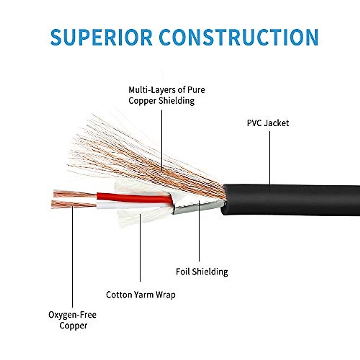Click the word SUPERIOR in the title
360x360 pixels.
pyautogui.click(x=101, y=37)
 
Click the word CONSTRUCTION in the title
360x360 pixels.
pyautogui.click(x=238, y=37)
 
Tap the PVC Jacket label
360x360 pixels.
pyautogui.click(x=268, y=123)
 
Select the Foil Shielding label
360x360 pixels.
pyautogui.click(x=202, y=272)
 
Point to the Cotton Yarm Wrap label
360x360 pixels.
pyautogui.click(x=140, y=295)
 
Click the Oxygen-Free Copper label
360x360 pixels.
pyautogui.click(x=72, y=320)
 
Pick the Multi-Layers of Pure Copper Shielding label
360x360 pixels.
pyautogui.click(x=166, y=95)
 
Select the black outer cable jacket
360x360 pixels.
pyautogui.click(x=294, y=199)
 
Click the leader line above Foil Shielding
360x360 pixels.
pyautogui.click(x=199, y=234)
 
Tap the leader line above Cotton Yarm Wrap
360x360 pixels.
pyautogui.click(x=140, y=249)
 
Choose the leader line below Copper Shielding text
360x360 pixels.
pyautogui.click(x=162, y=138)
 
